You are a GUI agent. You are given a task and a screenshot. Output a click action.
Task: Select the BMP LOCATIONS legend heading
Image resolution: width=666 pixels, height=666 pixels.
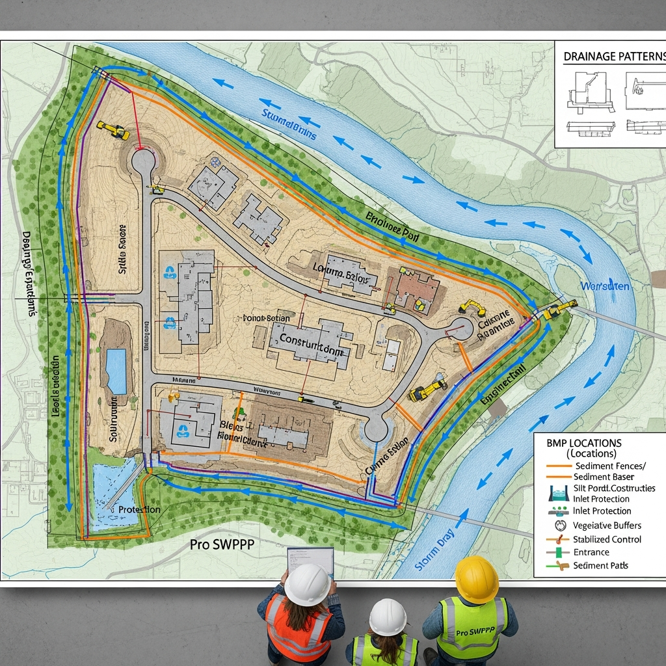pyautogui.click(x=584, y=443)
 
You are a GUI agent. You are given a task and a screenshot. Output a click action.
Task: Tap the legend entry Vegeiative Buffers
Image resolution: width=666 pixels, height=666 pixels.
pyautogui.click(x=606, y=525)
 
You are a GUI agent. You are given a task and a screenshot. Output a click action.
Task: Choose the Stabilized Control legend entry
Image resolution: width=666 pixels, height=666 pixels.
pyautogui.click(x=607, y=539)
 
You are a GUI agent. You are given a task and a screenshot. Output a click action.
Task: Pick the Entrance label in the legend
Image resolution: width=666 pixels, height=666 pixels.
pyautogui.click(x=591, y=552)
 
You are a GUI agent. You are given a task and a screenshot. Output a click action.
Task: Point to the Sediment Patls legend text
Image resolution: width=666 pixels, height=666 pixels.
pyautogui.click(x=600, y=566)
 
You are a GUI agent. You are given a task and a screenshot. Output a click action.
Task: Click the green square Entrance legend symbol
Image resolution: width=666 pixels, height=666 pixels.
pyautogui.click(x=558, y=552)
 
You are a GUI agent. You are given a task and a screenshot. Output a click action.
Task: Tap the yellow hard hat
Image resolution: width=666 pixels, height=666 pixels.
pyautogui.click(x=476, y=578)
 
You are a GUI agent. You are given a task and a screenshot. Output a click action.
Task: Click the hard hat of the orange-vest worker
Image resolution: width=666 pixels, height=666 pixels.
pyautogui.click(x=307, y=583)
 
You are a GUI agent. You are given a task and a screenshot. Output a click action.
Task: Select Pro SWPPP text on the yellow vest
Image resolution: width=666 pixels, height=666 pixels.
pyautogui.click(x=473, y=632)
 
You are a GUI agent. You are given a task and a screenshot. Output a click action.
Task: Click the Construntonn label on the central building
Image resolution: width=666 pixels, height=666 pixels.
pyautogui.click(x=310, y=339)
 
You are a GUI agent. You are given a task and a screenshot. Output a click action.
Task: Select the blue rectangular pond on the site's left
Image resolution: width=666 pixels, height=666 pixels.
pyautogui.click(x=116, y=371)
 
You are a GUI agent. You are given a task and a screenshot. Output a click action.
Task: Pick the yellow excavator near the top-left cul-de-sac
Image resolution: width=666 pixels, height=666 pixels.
pyautogui.click(x=113, y=129)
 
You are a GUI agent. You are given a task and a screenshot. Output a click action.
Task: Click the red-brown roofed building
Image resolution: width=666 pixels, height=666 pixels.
pyautogui.click(x=412, y=286)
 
